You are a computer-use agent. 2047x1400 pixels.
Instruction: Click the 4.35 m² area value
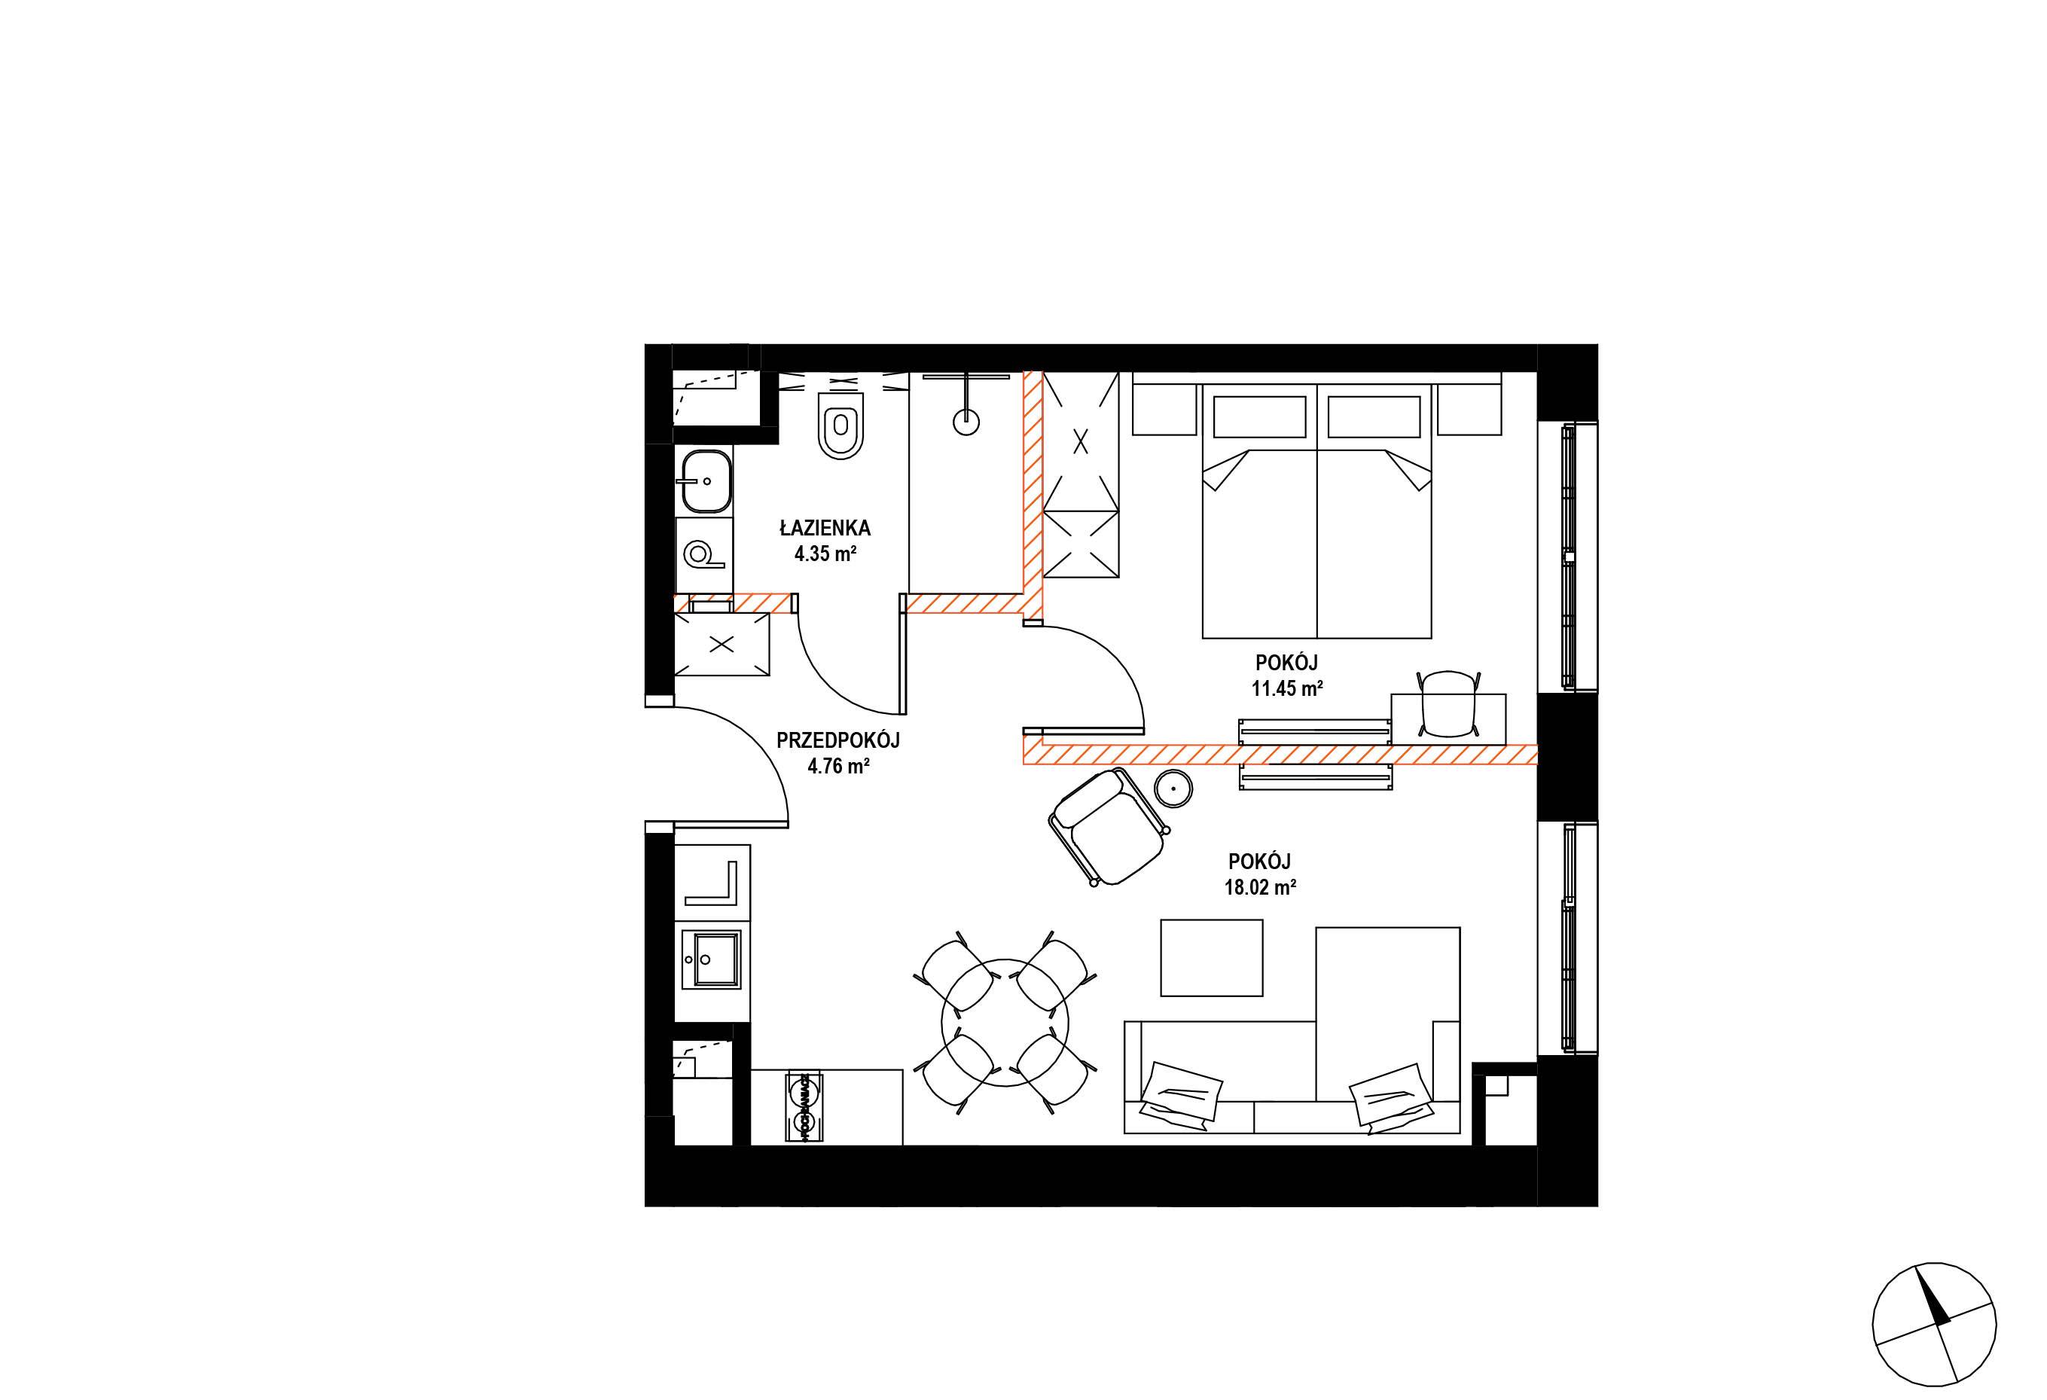(825, 554)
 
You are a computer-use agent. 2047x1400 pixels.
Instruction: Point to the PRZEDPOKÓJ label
(837, 740)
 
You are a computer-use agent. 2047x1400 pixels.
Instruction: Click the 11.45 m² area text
(1287, 688)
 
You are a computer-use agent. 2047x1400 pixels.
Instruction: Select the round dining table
(1005, 1022)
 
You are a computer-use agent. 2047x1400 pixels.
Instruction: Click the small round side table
(1174, 788)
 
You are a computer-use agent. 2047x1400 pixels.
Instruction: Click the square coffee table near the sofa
(1211, 958)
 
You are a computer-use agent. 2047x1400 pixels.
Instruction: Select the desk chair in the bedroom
(1448, 703)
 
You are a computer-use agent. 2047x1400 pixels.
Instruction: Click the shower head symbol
(966, 422)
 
